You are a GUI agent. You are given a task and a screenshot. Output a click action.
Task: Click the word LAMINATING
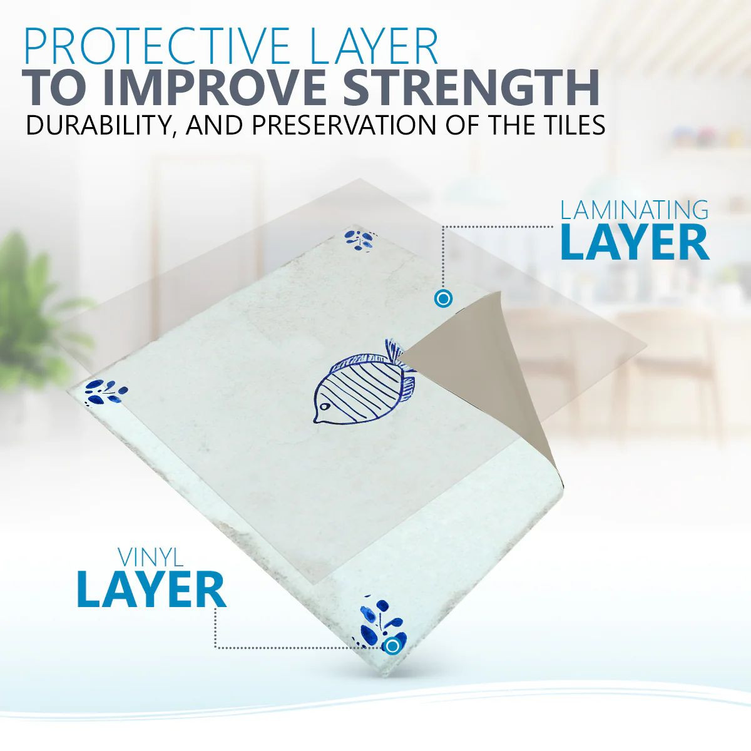click(x=634, y=210)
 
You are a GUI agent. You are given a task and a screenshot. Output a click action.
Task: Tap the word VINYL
click(x=151, y=558)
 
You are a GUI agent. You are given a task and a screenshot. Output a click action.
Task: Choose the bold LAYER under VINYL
click(x=151, y=591)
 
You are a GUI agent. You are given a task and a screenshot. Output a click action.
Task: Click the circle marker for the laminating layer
click(x=443, y=299)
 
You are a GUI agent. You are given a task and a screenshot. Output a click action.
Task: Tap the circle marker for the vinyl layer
click(x=392, y=646)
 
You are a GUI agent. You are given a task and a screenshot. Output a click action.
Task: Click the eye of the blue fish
click(x=324, y=407)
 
